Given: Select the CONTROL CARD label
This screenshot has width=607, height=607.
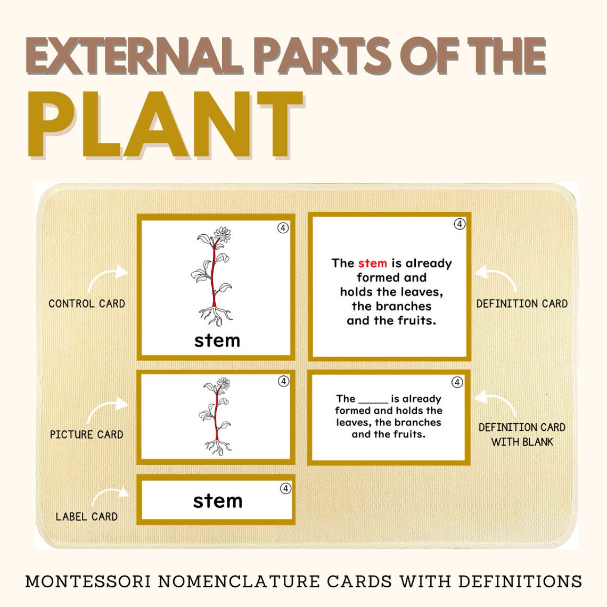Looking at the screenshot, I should pyautogui.click(x=87, y=304).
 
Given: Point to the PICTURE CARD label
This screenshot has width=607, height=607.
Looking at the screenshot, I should pyautogui.click(x=86, y=434).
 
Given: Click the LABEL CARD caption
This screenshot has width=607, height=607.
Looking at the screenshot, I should pyautogui.click(x=86, y=516).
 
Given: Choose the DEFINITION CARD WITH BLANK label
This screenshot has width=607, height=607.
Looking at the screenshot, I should pyautogui.click(x=522, y=434).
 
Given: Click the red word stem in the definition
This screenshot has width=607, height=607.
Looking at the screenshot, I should pyautogui.click(x=372, y=263).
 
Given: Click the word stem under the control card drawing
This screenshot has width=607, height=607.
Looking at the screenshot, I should pyautogui.click(x=217, y=341).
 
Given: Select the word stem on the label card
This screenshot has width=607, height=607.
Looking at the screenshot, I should pyautogui.click(x=217, y=501).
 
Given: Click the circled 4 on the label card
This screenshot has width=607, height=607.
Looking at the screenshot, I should pyautogui.click(x=286, y=488).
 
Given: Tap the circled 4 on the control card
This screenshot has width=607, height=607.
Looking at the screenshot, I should pyautogui.click(x=283, y=228).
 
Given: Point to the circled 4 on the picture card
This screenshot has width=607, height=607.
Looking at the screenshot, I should pyautogui.click(x=284, y=381).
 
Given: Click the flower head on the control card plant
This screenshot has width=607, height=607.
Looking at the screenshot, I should pyautogui.click(x=222, y=234).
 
